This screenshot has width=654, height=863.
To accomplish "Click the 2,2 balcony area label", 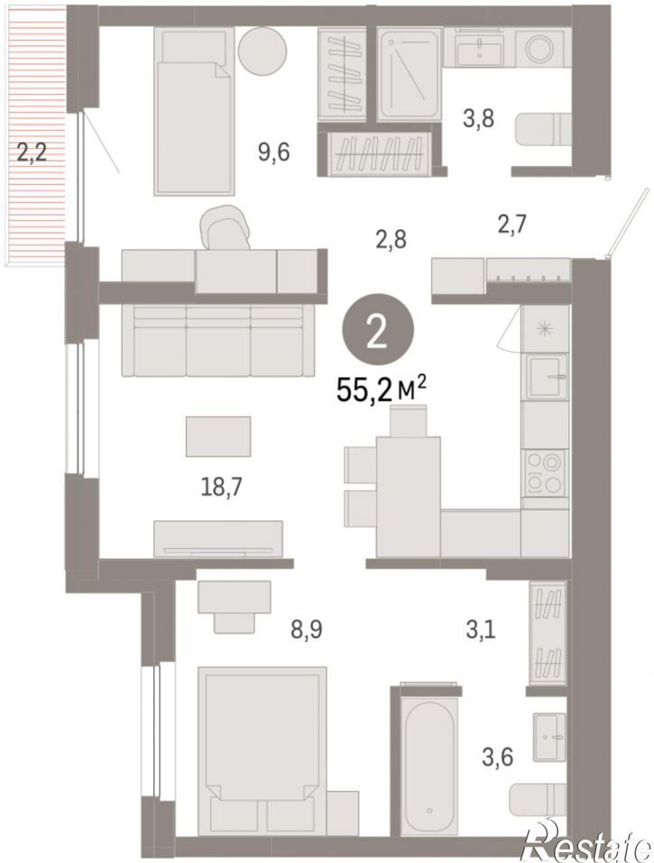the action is click(32, 151).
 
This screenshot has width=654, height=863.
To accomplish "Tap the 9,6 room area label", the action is click(273, 151).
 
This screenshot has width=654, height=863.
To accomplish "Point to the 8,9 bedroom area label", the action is click(307, 629).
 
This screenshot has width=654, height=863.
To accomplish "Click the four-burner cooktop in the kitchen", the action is click(545, 473).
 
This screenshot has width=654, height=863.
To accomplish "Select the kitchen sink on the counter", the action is click(547, 376).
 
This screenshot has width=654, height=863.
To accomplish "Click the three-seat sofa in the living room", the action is click(218, 340).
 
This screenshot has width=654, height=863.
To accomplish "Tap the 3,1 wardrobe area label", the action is click(481, 629).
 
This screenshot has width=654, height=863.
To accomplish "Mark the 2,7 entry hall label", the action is click(512, 225).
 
